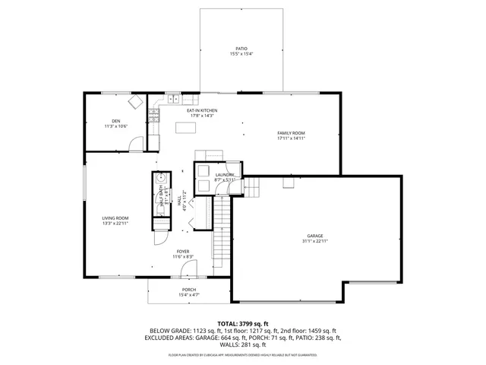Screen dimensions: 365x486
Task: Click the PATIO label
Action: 241,48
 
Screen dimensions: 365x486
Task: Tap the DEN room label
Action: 116,121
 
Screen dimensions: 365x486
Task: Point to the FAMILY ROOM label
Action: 291,133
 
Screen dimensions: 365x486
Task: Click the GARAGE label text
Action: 314,236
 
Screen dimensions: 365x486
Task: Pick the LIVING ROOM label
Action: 116,218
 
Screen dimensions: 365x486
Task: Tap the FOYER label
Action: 183,252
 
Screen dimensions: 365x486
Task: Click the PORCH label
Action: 189,289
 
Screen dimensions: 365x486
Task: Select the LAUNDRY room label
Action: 225,175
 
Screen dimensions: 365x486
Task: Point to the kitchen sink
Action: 173,99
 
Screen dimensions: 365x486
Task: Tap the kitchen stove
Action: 154,116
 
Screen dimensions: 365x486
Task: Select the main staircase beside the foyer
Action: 219,232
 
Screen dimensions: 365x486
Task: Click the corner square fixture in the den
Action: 136,102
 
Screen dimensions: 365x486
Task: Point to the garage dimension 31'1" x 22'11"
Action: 314,243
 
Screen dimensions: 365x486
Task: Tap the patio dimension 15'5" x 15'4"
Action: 241,54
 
